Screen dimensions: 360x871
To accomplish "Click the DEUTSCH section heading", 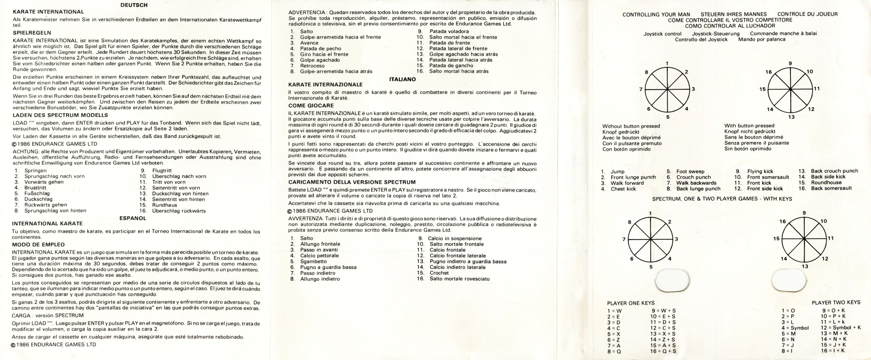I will coord(134,5).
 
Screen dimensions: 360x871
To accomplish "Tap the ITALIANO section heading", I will coord(402,79).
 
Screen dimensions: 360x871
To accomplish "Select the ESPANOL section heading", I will coord(133,218).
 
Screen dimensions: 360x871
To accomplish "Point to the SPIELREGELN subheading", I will coord(32,33).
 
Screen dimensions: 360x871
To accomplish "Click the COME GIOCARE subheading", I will coord(311,105).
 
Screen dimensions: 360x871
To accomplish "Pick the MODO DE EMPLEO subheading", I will coord(38,244).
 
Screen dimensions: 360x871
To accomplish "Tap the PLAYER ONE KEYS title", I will coord(631,303).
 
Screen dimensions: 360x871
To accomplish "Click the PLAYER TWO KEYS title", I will coord(836,302).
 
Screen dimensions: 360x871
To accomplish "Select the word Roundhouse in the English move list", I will coord(826,183).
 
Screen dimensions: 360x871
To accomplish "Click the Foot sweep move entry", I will coord(690,171).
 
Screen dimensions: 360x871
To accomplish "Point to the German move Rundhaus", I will coord(164,205).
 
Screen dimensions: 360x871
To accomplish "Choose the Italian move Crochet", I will coord(439,273).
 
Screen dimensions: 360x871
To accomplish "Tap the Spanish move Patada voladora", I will coord(449,31).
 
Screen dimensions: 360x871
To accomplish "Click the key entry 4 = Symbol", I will coord(795,327).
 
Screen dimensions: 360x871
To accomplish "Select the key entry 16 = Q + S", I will coord(663,351).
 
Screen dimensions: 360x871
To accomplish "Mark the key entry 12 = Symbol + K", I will coord(841,327).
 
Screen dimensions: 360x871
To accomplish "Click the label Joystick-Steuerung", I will coord(715,33).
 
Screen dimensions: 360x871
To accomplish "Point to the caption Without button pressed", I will coord(631,126).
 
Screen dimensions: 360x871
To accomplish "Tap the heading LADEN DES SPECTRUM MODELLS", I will coord(55,115).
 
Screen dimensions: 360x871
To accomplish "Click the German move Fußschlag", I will coord(37,193).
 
